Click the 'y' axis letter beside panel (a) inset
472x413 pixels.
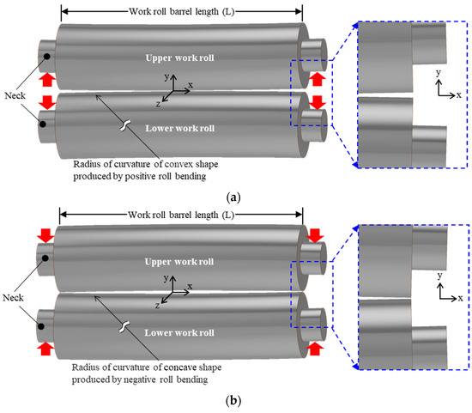[x=438, y=73]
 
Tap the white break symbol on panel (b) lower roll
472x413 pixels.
[x=125, y=327]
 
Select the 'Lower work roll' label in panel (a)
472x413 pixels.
[x=181, y=129]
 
